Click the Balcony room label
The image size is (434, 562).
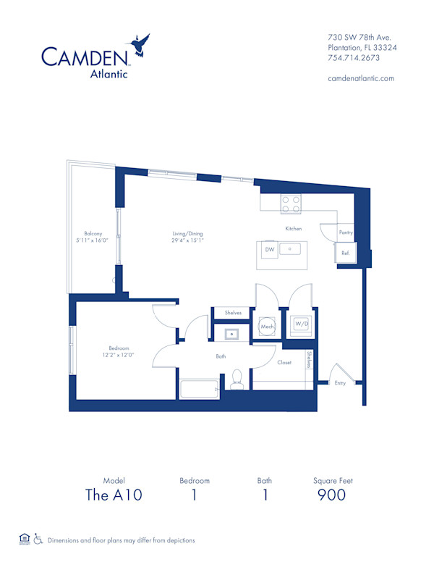click(x=93, y=233)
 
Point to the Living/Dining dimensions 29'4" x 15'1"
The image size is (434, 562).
click(x=187, y=240)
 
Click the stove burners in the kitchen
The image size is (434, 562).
click(x=291, y=204)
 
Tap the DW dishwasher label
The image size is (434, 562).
click(x=268, y=249)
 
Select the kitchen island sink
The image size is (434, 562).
click(x=292, y=250)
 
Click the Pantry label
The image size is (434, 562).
click(x=345, y=233)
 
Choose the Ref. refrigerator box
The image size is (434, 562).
click(x=345, y=253)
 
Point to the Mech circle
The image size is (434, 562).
click(x=265, y=327)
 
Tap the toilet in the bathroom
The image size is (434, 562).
click(x=237, y=381)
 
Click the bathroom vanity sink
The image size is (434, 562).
click(x=233, y=334)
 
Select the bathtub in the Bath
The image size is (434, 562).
click(x=197, y=389)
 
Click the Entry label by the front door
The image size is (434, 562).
click(x=340, y=383)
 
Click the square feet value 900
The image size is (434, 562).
click(x=332, y=495)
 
